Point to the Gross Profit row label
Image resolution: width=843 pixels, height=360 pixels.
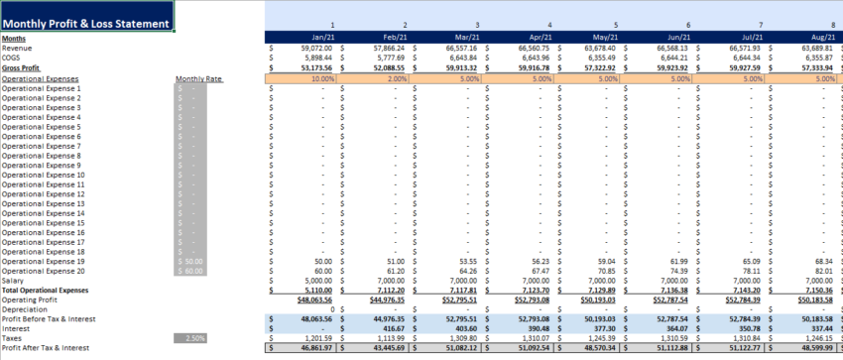coord(23,67)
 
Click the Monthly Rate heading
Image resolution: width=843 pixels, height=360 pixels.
coord(195,77)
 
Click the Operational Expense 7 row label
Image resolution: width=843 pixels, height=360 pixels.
coord(41,146)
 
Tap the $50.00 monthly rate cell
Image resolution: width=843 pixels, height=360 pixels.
coord(190,261)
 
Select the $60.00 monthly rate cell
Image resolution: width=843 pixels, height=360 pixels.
coord(190,271)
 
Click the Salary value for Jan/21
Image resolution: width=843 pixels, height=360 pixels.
coord(315,281)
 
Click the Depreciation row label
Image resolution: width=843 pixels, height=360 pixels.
coord(26,309)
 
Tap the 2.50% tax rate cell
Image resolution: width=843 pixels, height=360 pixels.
coord(190,338)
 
